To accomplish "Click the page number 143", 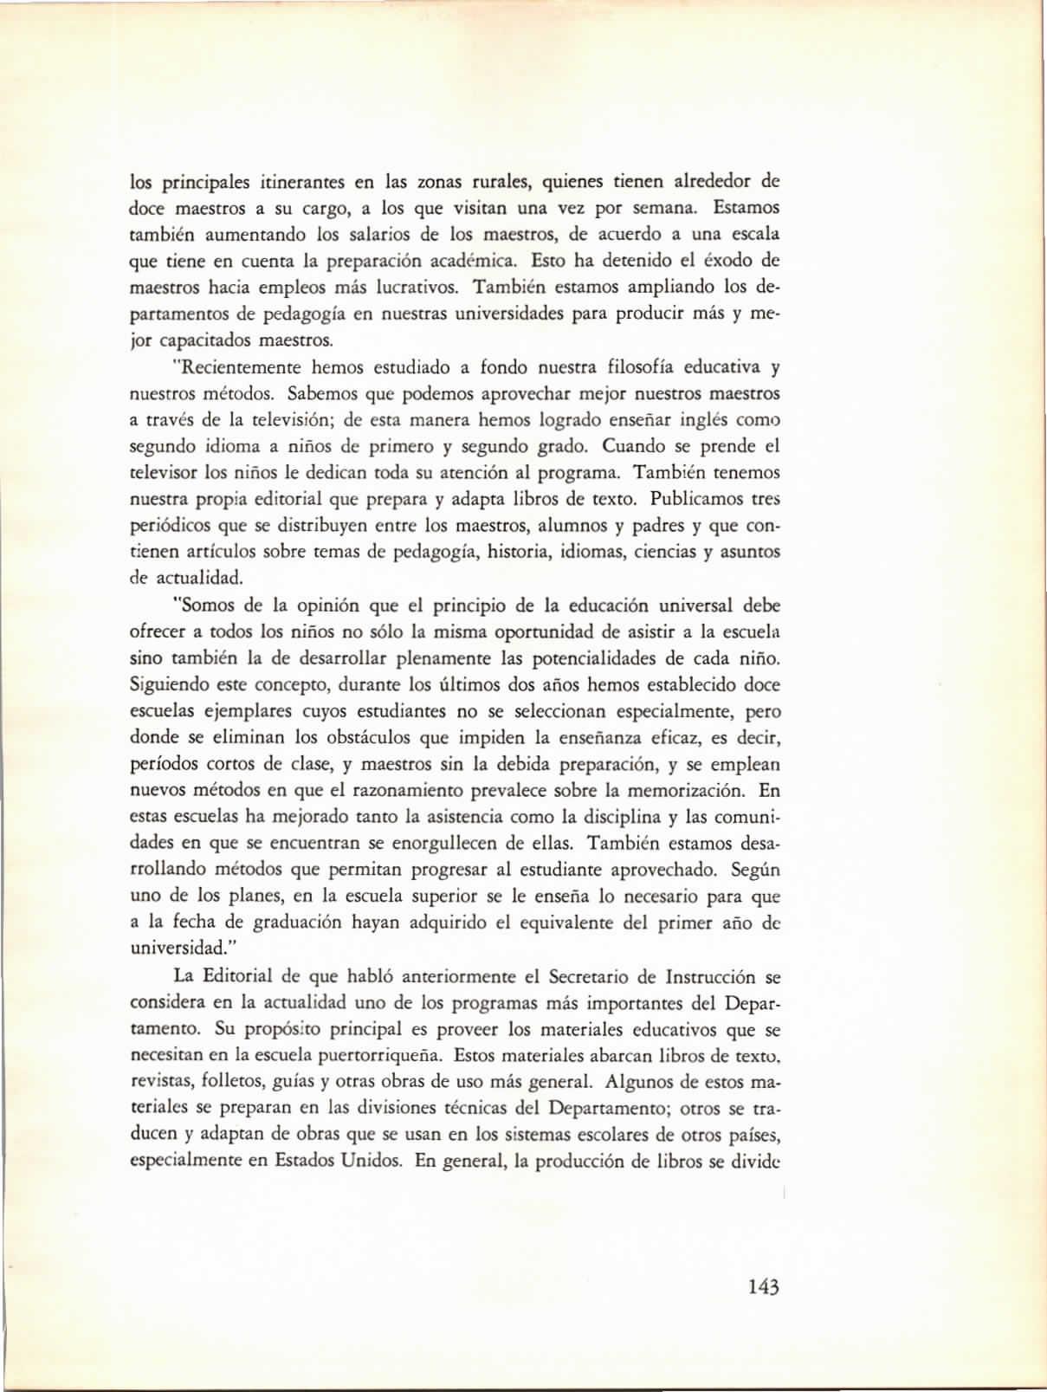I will [764, 1286].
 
